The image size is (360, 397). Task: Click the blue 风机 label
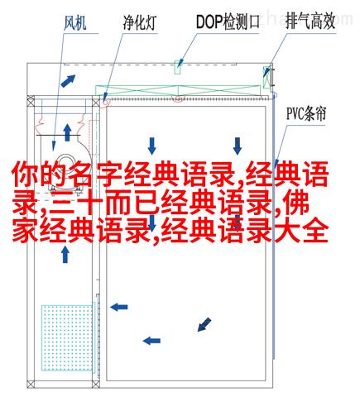pos(75,23)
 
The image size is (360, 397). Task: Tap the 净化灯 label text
pos(140,23)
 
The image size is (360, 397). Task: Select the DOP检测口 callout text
pos(228,22)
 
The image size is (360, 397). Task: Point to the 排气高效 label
pos(310,21)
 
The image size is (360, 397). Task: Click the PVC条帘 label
pos(306,113)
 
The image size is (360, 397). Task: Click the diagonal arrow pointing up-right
pos(68,81)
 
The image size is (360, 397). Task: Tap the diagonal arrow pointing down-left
pos(204,324)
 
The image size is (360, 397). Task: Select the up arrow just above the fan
pos(67,132)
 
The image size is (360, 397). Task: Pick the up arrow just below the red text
pos(65,254)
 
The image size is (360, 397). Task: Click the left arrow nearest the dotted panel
pos(119,307)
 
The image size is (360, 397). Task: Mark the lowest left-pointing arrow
pos(151,341)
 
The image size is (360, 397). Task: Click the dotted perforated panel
pos(67,337)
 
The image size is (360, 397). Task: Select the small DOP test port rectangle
pos(178,67)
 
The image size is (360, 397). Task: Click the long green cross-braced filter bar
pos(178,90)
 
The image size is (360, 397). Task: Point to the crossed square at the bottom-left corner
pos(31,384)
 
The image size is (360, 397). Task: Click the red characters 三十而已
pos(104,205)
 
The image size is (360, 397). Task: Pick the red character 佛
pos(296,204)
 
